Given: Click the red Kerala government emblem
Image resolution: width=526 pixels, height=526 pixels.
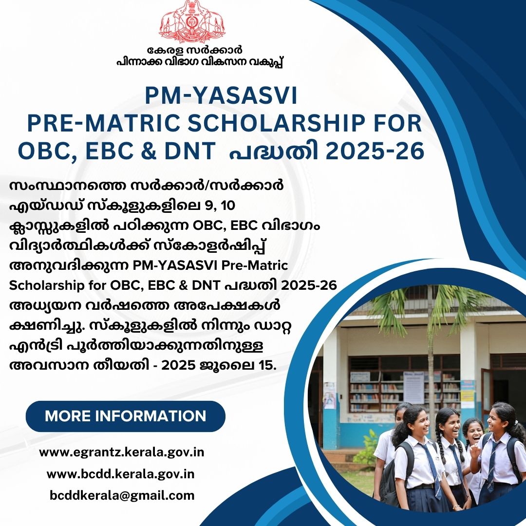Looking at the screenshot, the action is pos(192,21).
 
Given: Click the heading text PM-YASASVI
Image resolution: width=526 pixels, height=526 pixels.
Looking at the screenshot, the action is pos(221,95).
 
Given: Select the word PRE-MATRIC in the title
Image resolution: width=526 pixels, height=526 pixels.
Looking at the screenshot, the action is pos(104,123).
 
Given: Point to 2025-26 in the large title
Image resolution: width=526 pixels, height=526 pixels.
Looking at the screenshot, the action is pos(375,150).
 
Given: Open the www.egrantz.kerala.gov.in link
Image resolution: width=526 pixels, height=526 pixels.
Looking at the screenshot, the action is pos(121,452).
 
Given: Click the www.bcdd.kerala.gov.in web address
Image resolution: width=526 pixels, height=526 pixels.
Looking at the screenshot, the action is pos(121,474).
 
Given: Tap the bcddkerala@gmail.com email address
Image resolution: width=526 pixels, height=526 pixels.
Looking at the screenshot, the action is pos(122,495).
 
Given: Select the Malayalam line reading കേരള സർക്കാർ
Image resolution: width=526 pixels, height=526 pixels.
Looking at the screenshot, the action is pos(194,50).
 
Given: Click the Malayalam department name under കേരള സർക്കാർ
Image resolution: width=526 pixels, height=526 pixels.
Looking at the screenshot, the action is pos(200,62).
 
